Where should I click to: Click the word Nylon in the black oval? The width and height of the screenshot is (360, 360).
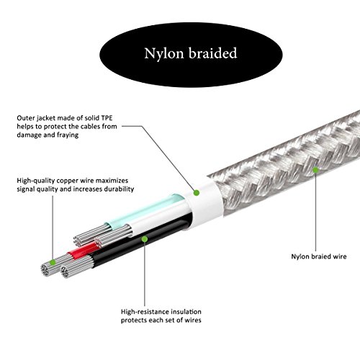tap(164, 53)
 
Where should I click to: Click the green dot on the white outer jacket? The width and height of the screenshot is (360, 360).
tap(197, 192)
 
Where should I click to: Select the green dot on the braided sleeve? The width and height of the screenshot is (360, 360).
tap(315, 170)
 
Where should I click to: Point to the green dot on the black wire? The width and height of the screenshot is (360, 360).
tap(145, 239)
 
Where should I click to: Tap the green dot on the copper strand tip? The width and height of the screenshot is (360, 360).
tap(53, 262)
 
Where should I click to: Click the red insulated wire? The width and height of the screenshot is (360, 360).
tap(83, 251)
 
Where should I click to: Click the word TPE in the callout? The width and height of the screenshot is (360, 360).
tap(107, 118)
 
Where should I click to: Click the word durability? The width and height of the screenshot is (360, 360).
tap(119, 189)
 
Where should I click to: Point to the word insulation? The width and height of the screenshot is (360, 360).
tap(186, 312)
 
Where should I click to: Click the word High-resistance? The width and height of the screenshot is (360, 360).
tap(145, 312)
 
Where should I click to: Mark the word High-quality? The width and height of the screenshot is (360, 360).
tap(36, 181)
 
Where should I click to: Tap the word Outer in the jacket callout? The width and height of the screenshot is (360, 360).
tap(25, 118)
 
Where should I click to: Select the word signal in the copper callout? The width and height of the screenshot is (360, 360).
tap(25, 189)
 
